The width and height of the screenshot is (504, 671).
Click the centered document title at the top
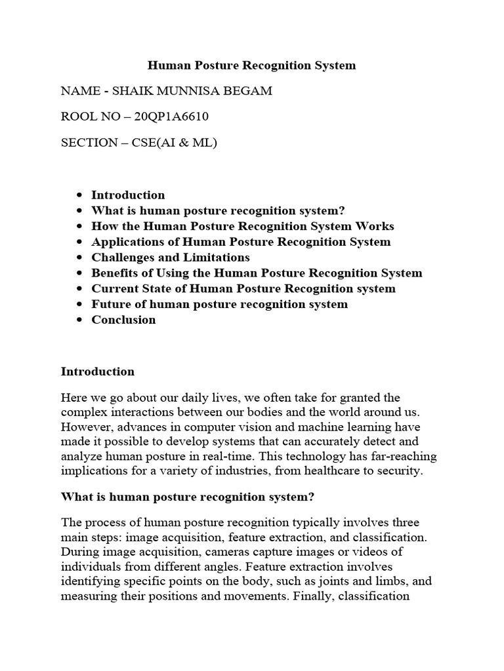[x=251, y=65]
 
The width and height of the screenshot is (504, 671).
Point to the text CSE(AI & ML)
[x=175, y=142]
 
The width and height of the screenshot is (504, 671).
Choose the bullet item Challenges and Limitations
[x=170, y=258]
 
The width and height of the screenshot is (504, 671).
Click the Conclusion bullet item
[x=123, y=320]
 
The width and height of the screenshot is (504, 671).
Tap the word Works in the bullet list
[x=375, y=226]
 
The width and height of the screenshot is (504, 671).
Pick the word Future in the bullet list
[x=110, y=304]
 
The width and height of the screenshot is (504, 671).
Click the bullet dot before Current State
[x=79, y=289]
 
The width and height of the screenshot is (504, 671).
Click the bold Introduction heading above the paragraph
[x=97, y=372]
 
